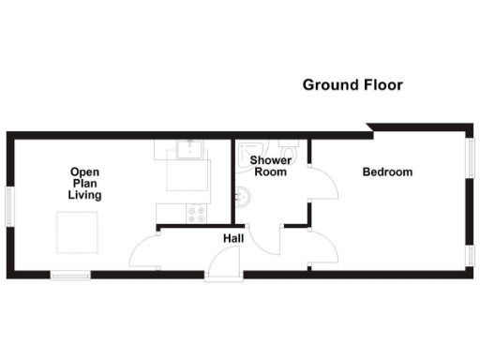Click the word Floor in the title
click(383, 85)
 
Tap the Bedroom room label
click(387, 172)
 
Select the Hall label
click(233, 239)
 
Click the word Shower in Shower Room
click(270, 160)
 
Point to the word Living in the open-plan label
click(84, 196)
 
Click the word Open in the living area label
click(84, 172)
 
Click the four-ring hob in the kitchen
click(197, 214)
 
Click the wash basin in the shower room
click(241, 196)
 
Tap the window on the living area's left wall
click(8, 205)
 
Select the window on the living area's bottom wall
click(70, 275)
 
